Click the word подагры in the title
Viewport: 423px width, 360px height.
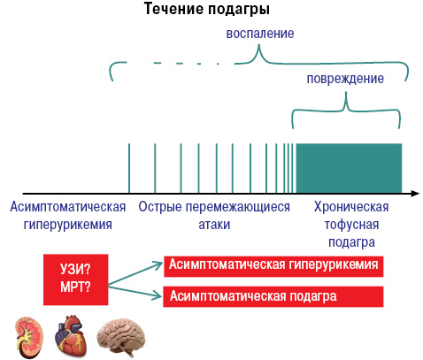[x=239, y=10]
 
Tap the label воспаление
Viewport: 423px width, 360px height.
[x=260, y=34]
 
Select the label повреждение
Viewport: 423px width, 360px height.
[x=345, y=79]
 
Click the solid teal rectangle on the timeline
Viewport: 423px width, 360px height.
[x=349, y=168]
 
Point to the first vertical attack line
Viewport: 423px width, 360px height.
[x=129, y=168]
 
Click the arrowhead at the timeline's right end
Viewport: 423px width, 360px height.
[x=415, y=194]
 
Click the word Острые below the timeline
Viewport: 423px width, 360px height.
[x=160, y=207]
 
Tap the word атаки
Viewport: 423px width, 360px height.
[x=214, y=225]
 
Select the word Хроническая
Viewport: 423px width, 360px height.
[x=351, y=207]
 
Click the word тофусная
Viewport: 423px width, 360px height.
[x=351, y=225]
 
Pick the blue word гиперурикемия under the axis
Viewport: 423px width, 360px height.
[x=68, y=225]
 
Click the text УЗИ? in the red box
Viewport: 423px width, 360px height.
[x=75, y=269]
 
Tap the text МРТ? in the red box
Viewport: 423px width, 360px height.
[x=75, y=287]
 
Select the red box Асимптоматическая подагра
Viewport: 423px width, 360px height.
[x=273, y=296]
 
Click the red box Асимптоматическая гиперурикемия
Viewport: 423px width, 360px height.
[x=273, y=266]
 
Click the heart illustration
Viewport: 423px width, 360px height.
[x=71, y=336]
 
